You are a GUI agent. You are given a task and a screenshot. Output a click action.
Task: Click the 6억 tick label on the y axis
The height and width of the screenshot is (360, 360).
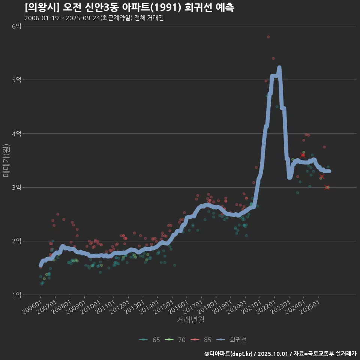click(x=16, y=26)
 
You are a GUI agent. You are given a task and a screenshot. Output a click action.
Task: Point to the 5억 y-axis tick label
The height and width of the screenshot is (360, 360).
click(x=16, y=80)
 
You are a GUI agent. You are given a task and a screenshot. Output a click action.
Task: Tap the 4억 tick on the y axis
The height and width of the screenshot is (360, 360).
click(x=16, y=133)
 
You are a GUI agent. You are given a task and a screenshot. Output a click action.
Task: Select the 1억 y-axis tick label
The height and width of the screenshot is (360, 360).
click(x=16, y=295)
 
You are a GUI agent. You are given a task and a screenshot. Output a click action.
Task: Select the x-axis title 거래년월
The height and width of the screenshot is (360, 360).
click(x=190, y=320)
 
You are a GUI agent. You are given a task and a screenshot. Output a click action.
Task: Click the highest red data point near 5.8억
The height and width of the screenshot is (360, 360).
click(x=268, y=37)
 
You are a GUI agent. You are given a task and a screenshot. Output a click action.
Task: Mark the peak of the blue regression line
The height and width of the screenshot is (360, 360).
click(x=279, y=68)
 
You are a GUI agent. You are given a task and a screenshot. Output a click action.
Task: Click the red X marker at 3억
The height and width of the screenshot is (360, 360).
click(x=327, y=187)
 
